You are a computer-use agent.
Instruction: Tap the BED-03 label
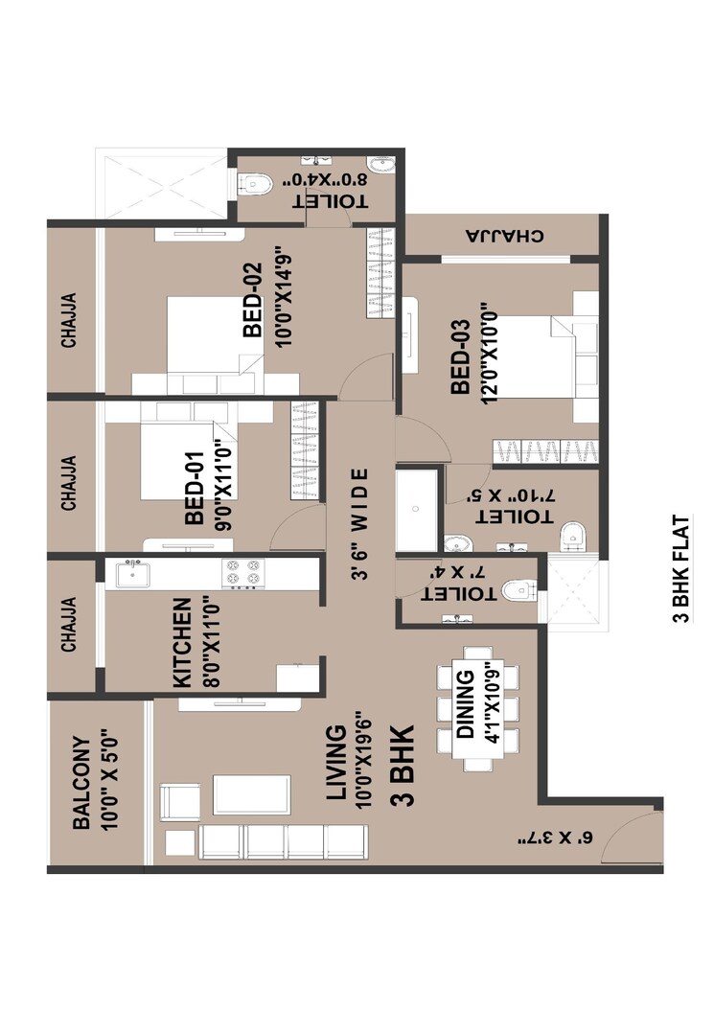[x=459, y=354]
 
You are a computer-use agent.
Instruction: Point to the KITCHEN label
[x=182, y=642]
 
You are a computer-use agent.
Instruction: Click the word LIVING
[x=335, y=762]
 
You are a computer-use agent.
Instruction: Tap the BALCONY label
[x=82, y=782]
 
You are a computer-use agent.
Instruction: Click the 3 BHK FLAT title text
[x=681, y=569]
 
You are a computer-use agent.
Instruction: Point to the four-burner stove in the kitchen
[x=242, y=572]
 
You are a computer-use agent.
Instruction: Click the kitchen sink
[x=130, y=573]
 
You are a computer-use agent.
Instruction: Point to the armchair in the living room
[x=179, y=801]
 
